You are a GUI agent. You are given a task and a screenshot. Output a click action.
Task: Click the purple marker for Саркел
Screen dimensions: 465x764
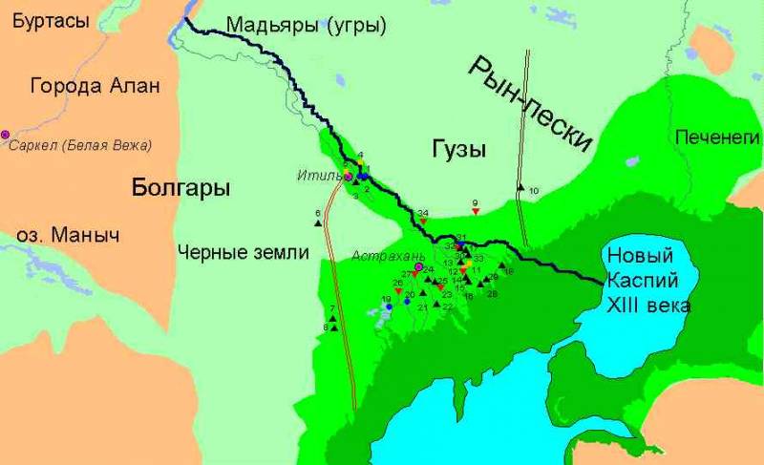(5, 135)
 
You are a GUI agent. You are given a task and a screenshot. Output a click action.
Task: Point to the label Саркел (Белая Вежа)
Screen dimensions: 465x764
(82, 145)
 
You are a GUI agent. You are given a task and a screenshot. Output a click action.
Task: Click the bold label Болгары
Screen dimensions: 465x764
(180, 188)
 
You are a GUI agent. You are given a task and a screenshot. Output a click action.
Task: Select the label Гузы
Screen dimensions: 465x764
(456, 150)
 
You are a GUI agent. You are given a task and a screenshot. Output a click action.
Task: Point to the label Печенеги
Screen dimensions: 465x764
(714, 137)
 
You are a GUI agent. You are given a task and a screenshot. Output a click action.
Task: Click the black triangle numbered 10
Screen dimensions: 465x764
(520, 187)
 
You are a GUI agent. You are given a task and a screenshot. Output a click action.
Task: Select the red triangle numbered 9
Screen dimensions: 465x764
(475, 211)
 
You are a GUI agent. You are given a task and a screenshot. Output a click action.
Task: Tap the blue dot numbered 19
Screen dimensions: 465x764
(389, 307)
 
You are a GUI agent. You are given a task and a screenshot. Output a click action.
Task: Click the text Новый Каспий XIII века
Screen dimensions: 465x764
(645, 281)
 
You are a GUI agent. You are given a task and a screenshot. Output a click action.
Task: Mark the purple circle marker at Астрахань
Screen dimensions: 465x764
(418, 266)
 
